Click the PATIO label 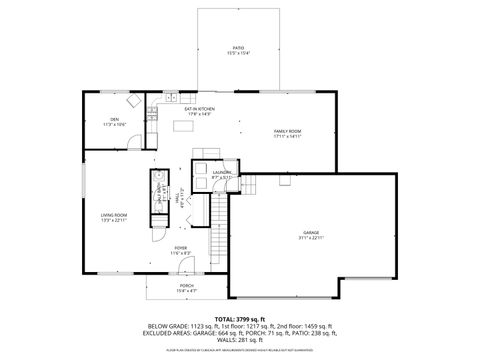238,46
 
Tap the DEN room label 115,119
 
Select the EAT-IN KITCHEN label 192,108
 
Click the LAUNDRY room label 222,172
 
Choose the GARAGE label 311,232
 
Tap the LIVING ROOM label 112,215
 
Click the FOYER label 180,247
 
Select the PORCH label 186,284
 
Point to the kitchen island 183,125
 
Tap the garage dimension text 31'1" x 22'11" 311,238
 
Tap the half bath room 158,195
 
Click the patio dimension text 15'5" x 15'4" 238,52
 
